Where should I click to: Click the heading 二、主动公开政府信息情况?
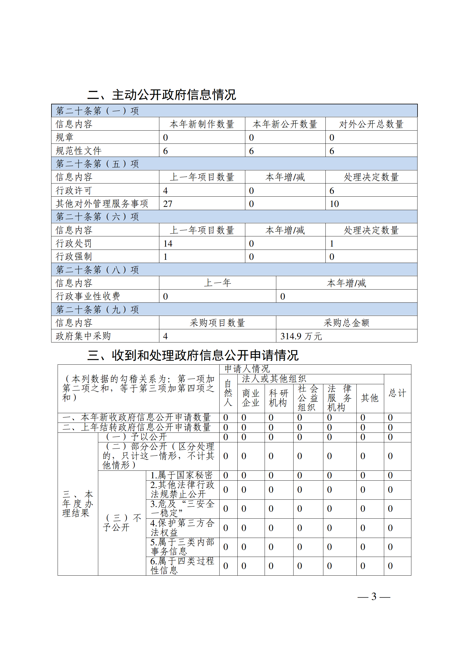pos(161,95)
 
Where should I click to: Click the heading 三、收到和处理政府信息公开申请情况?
pos(193,355)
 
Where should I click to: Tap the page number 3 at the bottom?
pos(374,596)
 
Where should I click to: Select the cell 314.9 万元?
pos(301,336)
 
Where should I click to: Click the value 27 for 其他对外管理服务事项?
pos(168,204)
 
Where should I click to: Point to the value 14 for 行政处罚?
pos(168,243)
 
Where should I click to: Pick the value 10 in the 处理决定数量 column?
pos(334,204)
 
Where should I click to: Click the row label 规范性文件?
pos(79,151)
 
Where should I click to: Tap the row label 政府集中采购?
pos(83,336)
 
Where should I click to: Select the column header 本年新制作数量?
pos(202,124)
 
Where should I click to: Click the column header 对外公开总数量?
pos(371,124)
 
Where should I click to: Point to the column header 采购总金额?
pos(346,323)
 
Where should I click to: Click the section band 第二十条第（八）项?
pos(97,270)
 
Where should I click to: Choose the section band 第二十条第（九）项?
pos(97,309)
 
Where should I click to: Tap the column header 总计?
pos(397,393)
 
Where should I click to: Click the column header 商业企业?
pos(251,398)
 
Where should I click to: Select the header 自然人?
pos(228,393)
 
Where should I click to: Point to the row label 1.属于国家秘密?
pos(181,475)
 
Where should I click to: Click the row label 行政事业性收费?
pos(88,296)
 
